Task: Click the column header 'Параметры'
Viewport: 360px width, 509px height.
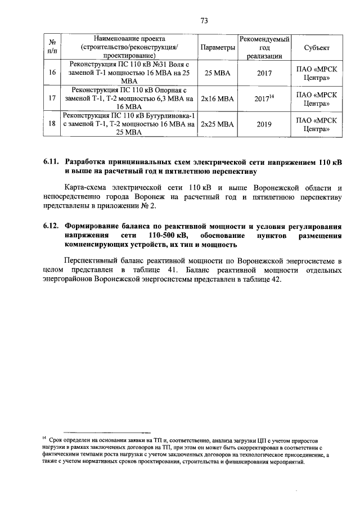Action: tap(217, 48)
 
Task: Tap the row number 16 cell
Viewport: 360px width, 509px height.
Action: tap(52, 73)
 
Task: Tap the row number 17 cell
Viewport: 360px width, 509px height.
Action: tap(52, 98)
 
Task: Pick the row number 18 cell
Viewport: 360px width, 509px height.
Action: tap(52, 124)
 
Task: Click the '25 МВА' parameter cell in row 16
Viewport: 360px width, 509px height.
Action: tap(217, 73)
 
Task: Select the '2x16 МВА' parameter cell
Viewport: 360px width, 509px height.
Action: tap(217, 98)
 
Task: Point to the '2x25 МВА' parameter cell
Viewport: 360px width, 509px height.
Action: tap(217, 124)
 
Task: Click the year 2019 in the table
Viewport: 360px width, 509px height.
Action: tap(264, 124)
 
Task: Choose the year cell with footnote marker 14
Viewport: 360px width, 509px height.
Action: tap(264, 98)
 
